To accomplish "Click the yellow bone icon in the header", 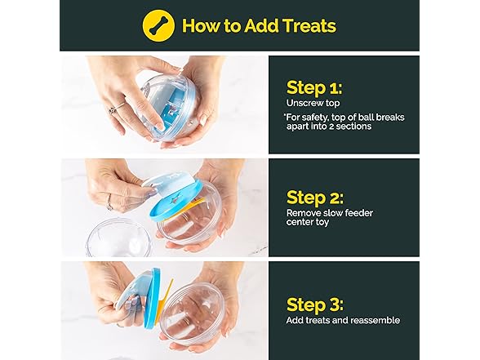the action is tap(158, 25).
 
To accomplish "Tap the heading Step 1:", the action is tap(314, 88).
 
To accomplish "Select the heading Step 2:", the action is tap(315, 198).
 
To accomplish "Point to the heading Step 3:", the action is tap(315, 304).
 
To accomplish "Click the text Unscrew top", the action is tap(313, 103).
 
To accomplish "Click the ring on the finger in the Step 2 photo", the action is tap(109, 203).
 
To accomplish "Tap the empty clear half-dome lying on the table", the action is tap(119, 238).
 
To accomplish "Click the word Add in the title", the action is tap(260, 25).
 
